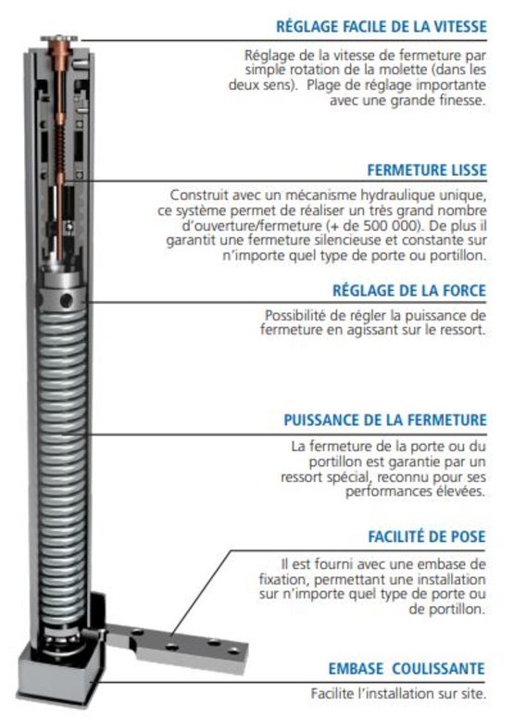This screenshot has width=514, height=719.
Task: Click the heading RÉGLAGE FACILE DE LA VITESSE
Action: click(x=381, y=26)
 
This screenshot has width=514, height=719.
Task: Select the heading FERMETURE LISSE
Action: click(x=426, y=170)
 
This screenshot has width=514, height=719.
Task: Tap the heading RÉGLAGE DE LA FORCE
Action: click(x=409, y=291)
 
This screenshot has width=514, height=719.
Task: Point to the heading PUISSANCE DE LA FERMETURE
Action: click(x=384, y=420)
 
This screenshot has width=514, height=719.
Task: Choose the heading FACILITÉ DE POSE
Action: click(x=426, y=536)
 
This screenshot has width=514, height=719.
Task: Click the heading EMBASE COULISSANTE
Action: click(x=407, y=669)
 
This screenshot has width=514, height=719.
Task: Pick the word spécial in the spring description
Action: click(x=350, y=477)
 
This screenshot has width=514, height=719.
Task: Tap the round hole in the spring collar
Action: click(x=66, y=301)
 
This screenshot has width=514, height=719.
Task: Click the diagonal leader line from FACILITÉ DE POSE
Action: click(x=202, y=594)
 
